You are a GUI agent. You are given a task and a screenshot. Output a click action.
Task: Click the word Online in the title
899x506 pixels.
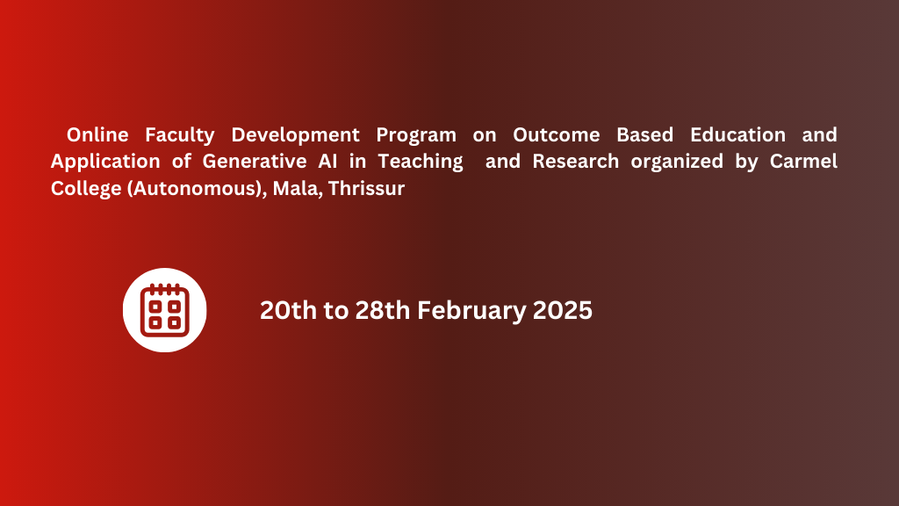(x=97, y=134)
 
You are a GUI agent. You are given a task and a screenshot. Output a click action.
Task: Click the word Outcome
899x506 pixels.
(x=556, y=134)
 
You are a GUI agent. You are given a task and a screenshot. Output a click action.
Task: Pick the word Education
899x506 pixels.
(x=737, y=134)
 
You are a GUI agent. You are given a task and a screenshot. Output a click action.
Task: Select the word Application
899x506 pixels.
(x=105, y=163)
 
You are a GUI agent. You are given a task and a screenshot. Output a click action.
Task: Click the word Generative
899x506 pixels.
(x=255, y=162)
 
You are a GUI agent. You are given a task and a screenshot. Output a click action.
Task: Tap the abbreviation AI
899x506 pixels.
(x=328, y=162)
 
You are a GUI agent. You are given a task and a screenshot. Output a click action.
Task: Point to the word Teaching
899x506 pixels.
(x=421, y=163)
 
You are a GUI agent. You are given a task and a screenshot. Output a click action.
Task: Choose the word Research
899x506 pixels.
(x=576, y=162)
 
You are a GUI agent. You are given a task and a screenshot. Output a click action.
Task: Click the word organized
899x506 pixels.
(x=677, y=163)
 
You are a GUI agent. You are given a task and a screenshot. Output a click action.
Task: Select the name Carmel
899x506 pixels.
(x=803, y=162)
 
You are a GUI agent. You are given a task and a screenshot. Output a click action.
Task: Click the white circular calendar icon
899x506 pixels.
(x=164, y=310)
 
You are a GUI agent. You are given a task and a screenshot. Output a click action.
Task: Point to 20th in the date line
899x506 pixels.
(x=288, y=310)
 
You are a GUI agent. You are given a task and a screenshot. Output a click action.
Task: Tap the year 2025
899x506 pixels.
(x=563, y=310)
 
